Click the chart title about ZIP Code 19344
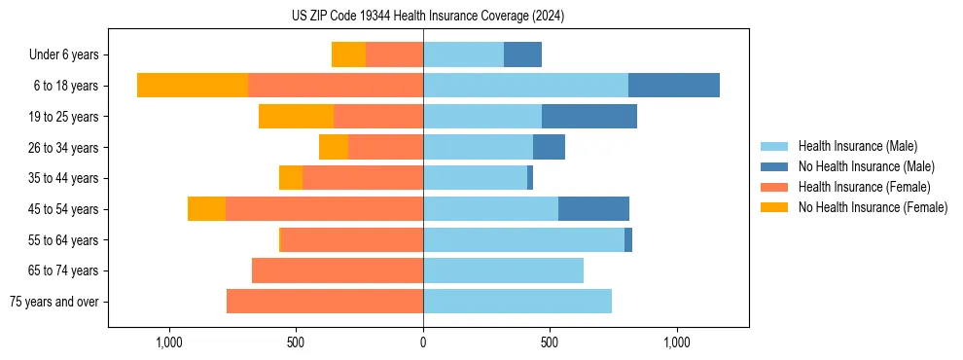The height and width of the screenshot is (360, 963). click(x=428, y=17)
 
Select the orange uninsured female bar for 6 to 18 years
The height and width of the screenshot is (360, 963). click(x=193, y=86)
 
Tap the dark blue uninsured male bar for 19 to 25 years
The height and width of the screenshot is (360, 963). click(x=589, y=117)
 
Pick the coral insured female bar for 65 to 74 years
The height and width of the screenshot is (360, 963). click(x=338, y=270)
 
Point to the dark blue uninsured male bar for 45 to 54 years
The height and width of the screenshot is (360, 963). click(x=593, y=209)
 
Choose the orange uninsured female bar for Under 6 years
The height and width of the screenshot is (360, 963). click(x=348, y=54)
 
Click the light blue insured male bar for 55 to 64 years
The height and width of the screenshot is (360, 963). click(x=523, y=239)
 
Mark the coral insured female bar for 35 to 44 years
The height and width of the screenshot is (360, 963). click(x=363, y=178)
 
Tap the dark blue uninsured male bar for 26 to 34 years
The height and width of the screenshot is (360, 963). click(x=549, y=147)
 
